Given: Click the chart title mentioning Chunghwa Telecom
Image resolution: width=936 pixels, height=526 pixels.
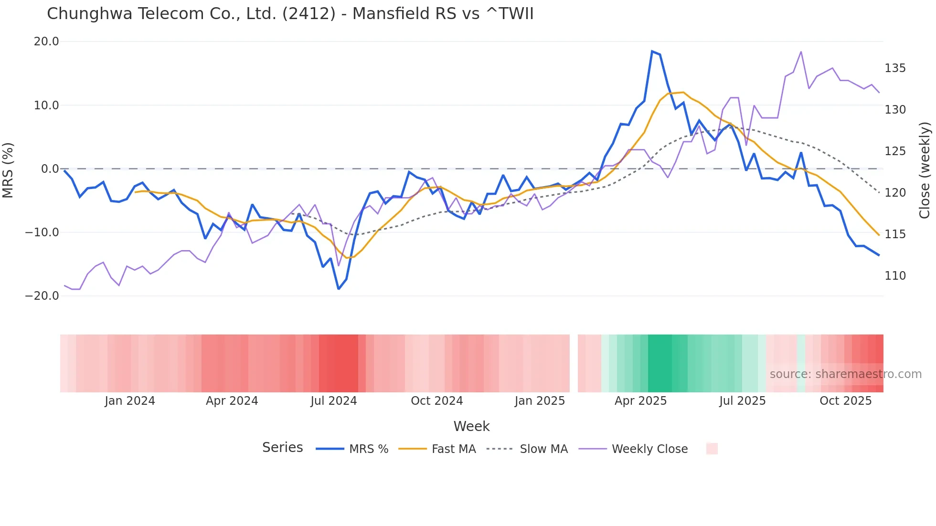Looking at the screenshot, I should pos(290,14).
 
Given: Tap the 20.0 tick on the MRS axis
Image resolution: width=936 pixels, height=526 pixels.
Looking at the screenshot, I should pos(46,42).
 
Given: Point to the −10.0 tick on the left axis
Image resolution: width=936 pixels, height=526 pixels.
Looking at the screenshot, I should pos(42,232).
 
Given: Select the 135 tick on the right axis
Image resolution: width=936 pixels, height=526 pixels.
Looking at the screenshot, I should pos(895,68).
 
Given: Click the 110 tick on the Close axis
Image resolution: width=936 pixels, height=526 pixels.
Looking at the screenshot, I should pos(895,276).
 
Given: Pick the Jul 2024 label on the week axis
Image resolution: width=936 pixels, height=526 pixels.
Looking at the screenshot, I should pos(333,401).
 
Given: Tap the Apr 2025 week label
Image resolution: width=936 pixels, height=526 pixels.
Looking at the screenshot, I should pos(640,401).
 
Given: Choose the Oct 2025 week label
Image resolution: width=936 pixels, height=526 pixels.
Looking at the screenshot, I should pos(845,401).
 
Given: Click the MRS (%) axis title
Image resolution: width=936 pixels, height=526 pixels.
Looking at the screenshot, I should pos(8,170).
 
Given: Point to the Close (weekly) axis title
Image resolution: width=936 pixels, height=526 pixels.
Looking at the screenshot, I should pos(925,170).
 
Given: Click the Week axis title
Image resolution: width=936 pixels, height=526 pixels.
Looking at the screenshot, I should pos(471,426).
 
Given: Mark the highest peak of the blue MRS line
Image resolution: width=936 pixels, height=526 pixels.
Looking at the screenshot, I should pos(652,51).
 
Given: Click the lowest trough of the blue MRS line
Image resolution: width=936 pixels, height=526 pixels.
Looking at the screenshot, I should pos(339,289).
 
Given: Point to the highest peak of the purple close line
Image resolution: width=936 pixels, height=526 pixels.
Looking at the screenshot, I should pos(801,52).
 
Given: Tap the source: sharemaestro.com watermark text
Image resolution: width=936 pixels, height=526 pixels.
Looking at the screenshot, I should pos(845,374).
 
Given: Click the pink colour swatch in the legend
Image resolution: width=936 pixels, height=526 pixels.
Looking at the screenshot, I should pos(712,449).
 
